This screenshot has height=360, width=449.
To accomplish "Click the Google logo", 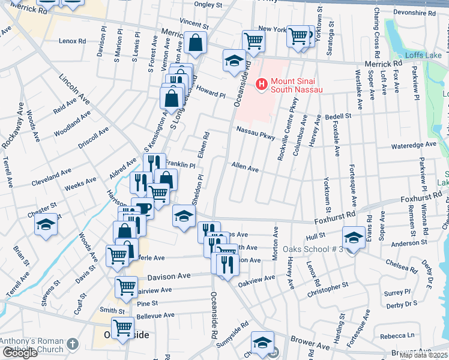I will (x=20, y=353).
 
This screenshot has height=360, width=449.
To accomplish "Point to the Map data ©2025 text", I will (x=423, y=355).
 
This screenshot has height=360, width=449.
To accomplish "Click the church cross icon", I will (x=73, y=345).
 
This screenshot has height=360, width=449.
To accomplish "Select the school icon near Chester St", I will (x=46, y=224).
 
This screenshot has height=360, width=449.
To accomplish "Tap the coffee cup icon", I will (x=143, y=208).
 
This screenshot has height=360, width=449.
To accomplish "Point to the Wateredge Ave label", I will (x=413, y=145).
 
